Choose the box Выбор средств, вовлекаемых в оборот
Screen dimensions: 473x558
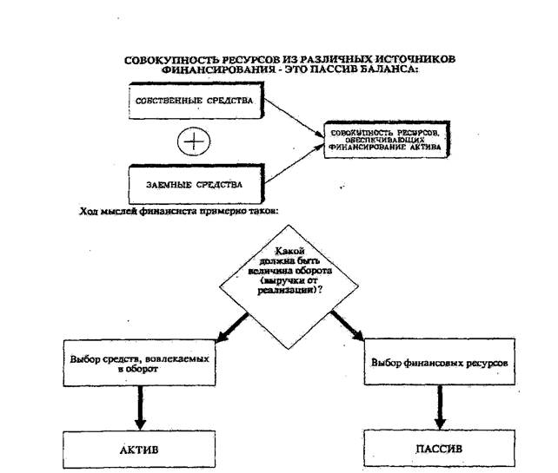138,362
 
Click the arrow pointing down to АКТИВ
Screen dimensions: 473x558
138,403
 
